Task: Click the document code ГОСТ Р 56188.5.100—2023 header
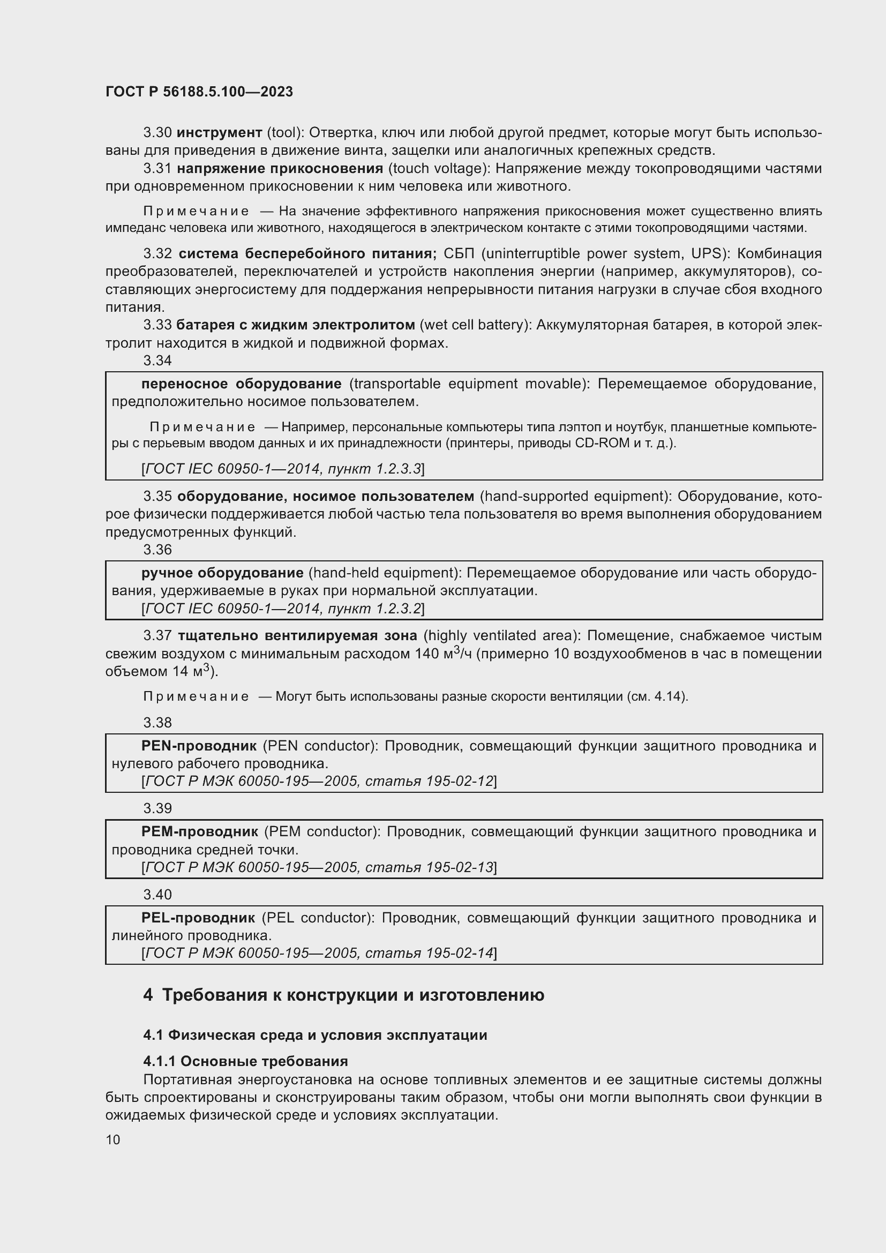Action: pos(199,92)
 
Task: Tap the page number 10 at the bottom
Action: pos(113,1139)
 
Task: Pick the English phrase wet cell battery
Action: pos(475,325)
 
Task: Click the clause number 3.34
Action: pos(157,361)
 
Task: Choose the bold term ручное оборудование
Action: pos(223,573)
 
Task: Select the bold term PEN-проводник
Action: pos(199,746)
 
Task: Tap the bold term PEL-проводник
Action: pos(198,918)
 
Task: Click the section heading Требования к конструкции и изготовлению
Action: pos(353,995)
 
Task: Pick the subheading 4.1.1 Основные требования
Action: pos(245,1061)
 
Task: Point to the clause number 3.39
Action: pos(157,808)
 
